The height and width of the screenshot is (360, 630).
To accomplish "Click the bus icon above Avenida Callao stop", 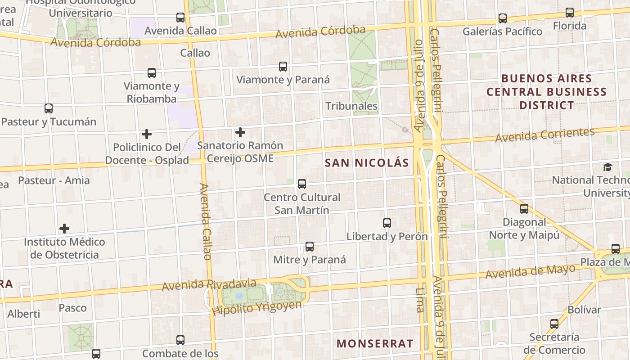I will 180,18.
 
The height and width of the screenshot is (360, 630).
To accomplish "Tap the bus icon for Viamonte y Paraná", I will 283,67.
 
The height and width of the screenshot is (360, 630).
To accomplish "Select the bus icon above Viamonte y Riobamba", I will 152,72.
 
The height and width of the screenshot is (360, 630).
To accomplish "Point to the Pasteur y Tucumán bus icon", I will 49,108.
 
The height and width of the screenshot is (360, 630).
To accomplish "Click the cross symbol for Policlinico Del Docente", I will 146,134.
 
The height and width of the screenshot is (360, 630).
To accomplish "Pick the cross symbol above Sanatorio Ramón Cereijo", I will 240,132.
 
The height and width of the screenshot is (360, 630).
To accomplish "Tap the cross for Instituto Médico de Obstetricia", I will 64,229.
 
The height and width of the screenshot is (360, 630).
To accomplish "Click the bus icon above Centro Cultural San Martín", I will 302,184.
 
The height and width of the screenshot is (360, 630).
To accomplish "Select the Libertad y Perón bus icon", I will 387,223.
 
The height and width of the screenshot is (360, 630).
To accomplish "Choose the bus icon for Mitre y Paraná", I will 310,247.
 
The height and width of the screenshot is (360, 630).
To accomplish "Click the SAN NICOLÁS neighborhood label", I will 367,163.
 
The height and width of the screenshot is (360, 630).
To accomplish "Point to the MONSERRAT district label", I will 374,343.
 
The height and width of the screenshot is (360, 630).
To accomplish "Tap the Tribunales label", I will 351,106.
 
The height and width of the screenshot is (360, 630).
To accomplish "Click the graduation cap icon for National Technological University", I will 607,167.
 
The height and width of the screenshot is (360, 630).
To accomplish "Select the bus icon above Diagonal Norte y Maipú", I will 524,209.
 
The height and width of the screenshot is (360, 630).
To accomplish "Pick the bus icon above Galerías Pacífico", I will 503,18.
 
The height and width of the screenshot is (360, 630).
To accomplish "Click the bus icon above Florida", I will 570,13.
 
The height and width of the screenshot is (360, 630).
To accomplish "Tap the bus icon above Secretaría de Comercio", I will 554,324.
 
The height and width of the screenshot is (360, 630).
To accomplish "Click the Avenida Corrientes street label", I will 544,135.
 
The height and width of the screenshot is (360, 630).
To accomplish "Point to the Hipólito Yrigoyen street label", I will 257,308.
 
